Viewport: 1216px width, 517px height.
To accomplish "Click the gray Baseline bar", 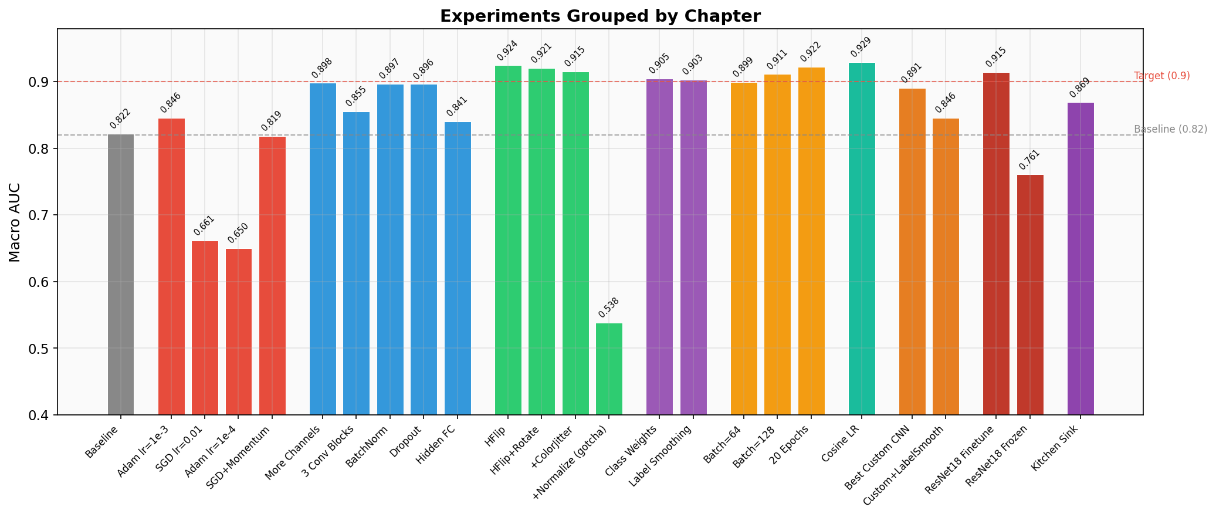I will (121, 275).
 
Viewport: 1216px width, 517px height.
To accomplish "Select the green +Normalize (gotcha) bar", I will (609, 369).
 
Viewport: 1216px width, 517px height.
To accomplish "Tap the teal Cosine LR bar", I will (862, 239).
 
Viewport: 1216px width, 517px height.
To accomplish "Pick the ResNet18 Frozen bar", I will (1030, 295).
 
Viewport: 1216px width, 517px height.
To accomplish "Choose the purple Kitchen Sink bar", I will (1080, 259).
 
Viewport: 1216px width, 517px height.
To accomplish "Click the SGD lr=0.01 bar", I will (205, 328).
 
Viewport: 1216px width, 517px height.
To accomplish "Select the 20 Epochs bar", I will (811, 241).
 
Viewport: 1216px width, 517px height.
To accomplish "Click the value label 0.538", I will (608, 309).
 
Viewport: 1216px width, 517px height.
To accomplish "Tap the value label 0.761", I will (1029, 160).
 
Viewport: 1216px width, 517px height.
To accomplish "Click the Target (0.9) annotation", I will (1161, 76).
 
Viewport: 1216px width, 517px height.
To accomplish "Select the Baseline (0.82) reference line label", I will (1170, 129).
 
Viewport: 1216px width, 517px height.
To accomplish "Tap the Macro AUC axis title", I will (15, 222).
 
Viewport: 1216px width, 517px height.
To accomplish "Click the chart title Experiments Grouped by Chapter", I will (600, 16).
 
